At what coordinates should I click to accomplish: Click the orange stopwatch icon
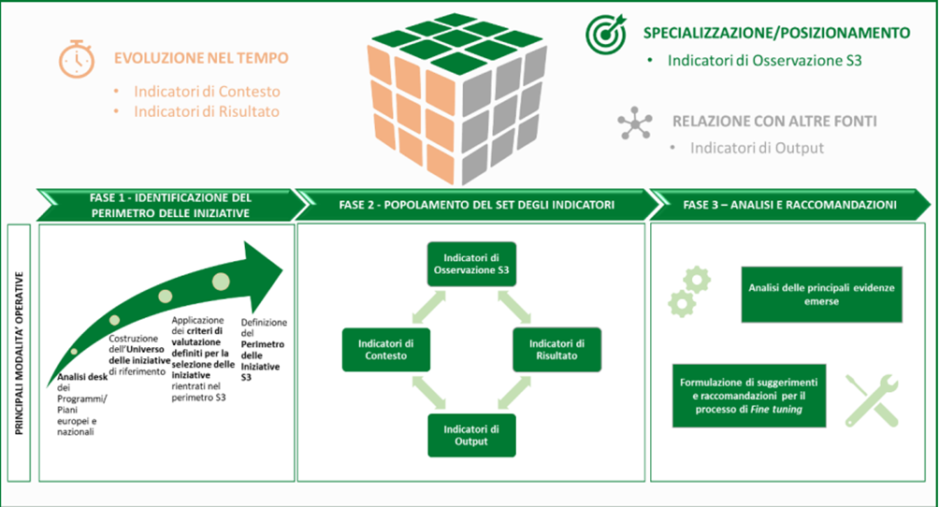(x=77, y=59)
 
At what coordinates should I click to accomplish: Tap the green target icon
(x=606, y=34)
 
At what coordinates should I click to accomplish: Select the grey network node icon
(x=636, y=123)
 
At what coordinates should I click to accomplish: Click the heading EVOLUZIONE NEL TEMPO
(x=201, y=58)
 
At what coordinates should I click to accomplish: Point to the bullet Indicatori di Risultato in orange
(x=206, y=111)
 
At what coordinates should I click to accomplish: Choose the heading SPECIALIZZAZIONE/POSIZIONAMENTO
(x=776, y=33)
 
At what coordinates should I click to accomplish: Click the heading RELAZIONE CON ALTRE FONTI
(x=774, y=122)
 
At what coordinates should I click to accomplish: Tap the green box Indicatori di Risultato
(x=554, y=349)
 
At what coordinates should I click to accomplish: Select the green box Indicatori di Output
(x=470, y=435)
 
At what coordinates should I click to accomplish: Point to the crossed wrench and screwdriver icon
(x=872, y=399)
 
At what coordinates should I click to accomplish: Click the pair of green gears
(x=689, y=290)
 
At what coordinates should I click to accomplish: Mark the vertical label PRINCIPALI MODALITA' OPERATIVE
(x=19, y=353)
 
